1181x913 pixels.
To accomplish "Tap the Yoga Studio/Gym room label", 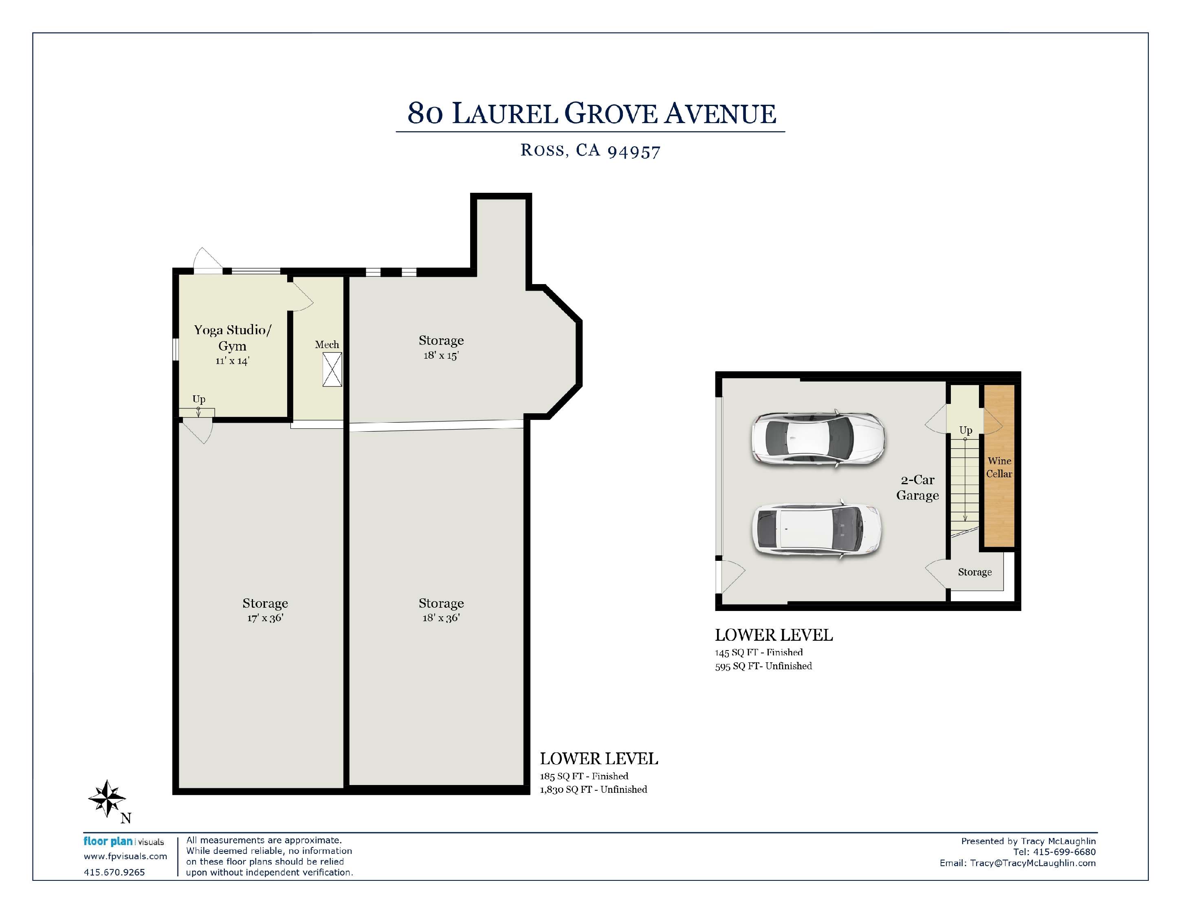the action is (x=233, y=337).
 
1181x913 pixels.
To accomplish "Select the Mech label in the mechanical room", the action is (x=327, y=344).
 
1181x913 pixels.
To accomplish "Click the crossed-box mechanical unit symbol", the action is (x=332, y=369).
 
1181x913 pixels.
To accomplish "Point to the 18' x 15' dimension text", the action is (x=441, y=355).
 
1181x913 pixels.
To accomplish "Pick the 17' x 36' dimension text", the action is (x=265, y=617).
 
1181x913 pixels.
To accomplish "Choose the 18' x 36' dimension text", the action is (x=441, y=617).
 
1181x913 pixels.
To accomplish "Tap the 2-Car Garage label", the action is (x=918, y=487).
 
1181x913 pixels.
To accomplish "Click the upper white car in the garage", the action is (x=818, y=438).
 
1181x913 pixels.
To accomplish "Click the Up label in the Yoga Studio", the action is (x=199, y=399).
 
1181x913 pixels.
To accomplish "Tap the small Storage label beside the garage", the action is (x=975, y=572).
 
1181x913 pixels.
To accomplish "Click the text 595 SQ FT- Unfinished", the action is (x=763, y=666).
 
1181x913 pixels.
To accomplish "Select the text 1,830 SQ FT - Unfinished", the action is (x=593, y=789).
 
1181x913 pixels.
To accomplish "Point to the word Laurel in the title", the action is (x=504, y=114).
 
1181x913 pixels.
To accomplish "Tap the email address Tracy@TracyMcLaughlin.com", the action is (x=1033, y=863).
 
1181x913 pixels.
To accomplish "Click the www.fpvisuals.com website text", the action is (x=125, y=856).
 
